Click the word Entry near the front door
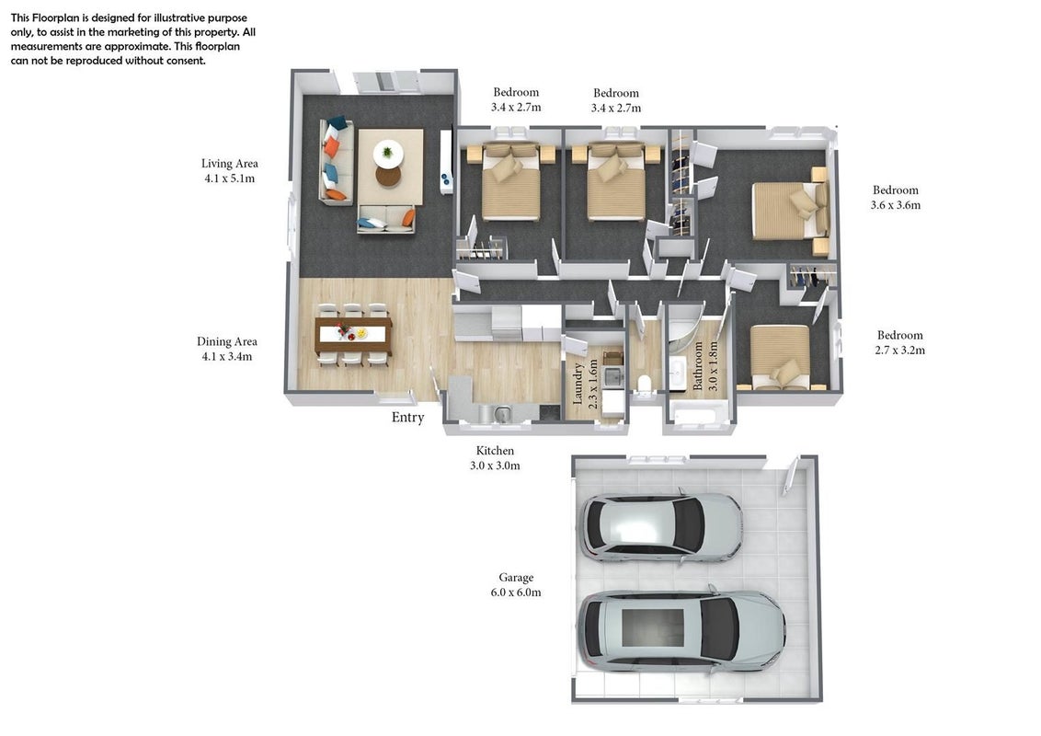pos(407,418)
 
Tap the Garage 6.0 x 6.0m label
pos(516,585)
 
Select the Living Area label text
pos(230,164)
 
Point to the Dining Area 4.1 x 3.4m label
pos(227,349)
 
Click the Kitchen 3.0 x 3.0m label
pos(495,458)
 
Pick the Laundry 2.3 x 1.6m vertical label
pos(585,384)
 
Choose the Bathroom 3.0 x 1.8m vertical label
pos(705,365)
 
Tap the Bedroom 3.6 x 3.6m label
pos(896,197)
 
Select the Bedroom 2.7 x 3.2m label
pos(899,343)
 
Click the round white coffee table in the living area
pos(388,154)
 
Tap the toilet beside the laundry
pos(644,385)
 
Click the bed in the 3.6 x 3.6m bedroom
pos(789,210)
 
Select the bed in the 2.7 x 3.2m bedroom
pos(781,356)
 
